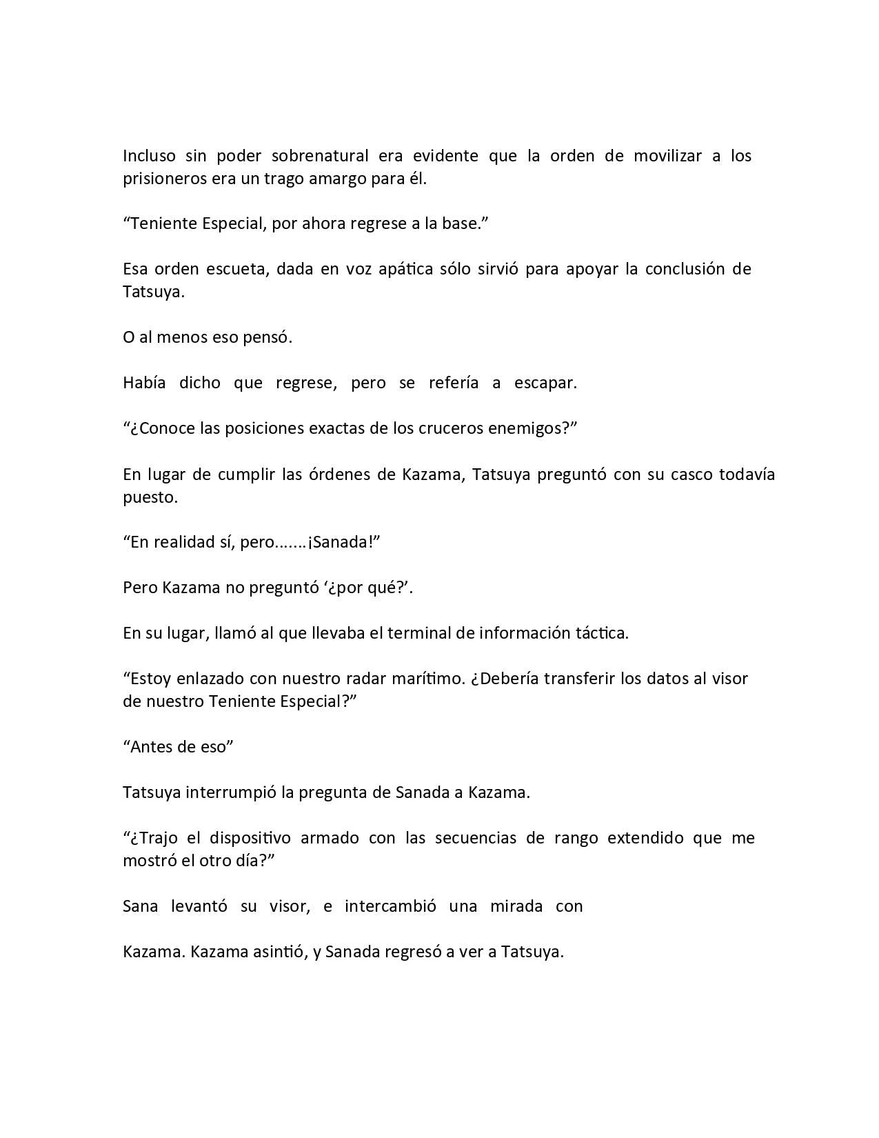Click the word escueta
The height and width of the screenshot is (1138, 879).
coord(233,269)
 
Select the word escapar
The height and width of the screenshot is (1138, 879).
coord(545,383)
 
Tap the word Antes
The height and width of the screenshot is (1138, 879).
coord(155,747)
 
